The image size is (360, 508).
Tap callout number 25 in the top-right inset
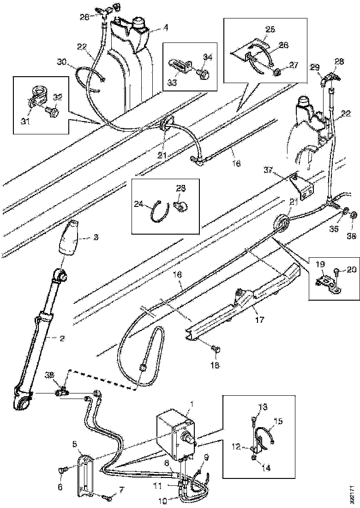pyautogui.click(x=270, y=29)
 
